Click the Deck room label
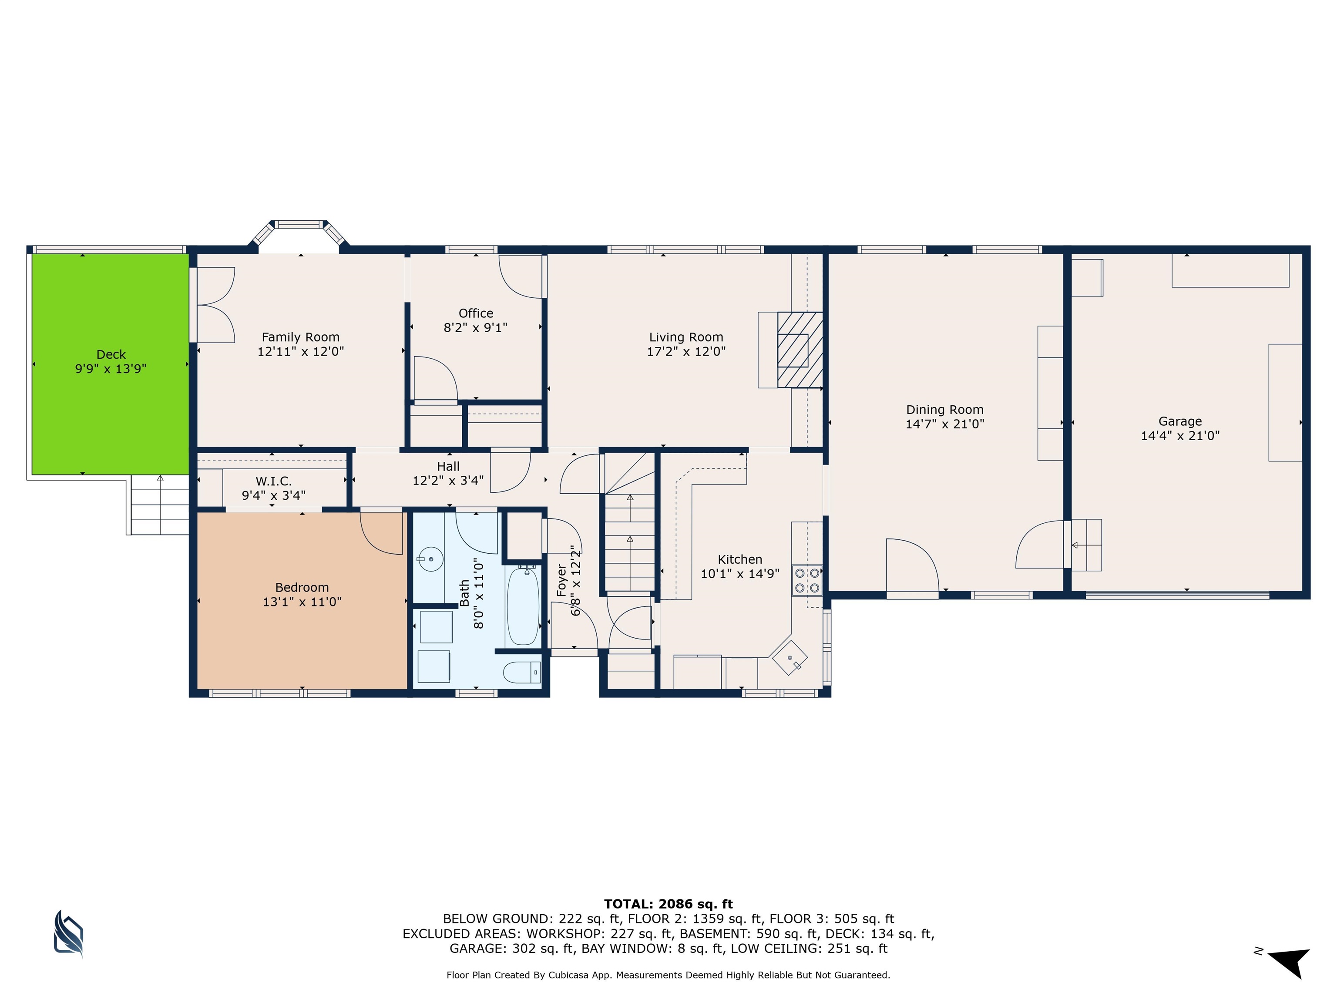[111, 354]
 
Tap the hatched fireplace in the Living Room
[799, 350]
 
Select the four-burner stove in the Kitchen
[807, 579]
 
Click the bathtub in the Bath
[523, 606]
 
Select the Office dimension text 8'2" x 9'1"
[475, 328]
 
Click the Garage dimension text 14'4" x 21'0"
[1180, 435]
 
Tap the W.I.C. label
[273, 481]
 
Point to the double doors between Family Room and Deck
[215, 305]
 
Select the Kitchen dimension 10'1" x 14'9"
[740, 574]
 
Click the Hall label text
[448, 466]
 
